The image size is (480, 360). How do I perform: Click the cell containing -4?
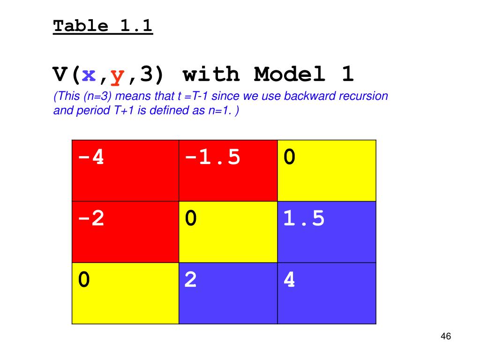coord(125,171)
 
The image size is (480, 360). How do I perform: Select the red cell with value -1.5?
coord(228,171)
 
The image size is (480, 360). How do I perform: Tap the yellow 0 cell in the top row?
coord(326,171)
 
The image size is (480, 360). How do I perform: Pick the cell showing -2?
coord(125,232)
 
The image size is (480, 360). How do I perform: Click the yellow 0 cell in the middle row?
coord(228,232)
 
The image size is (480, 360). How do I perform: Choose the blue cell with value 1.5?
coord(326,232)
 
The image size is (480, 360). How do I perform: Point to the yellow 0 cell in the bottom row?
coord(125,293)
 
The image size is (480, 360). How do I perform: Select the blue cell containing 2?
coord(228,293)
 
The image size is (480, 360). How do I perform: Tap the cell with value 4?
coord(326,293)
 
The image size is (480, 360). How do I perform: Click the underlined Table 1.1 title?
coord(103,26)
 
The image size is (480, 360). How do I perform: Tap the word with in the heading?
coord(211,74)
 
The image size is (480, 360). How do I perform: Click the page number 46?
coord(445,337)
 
